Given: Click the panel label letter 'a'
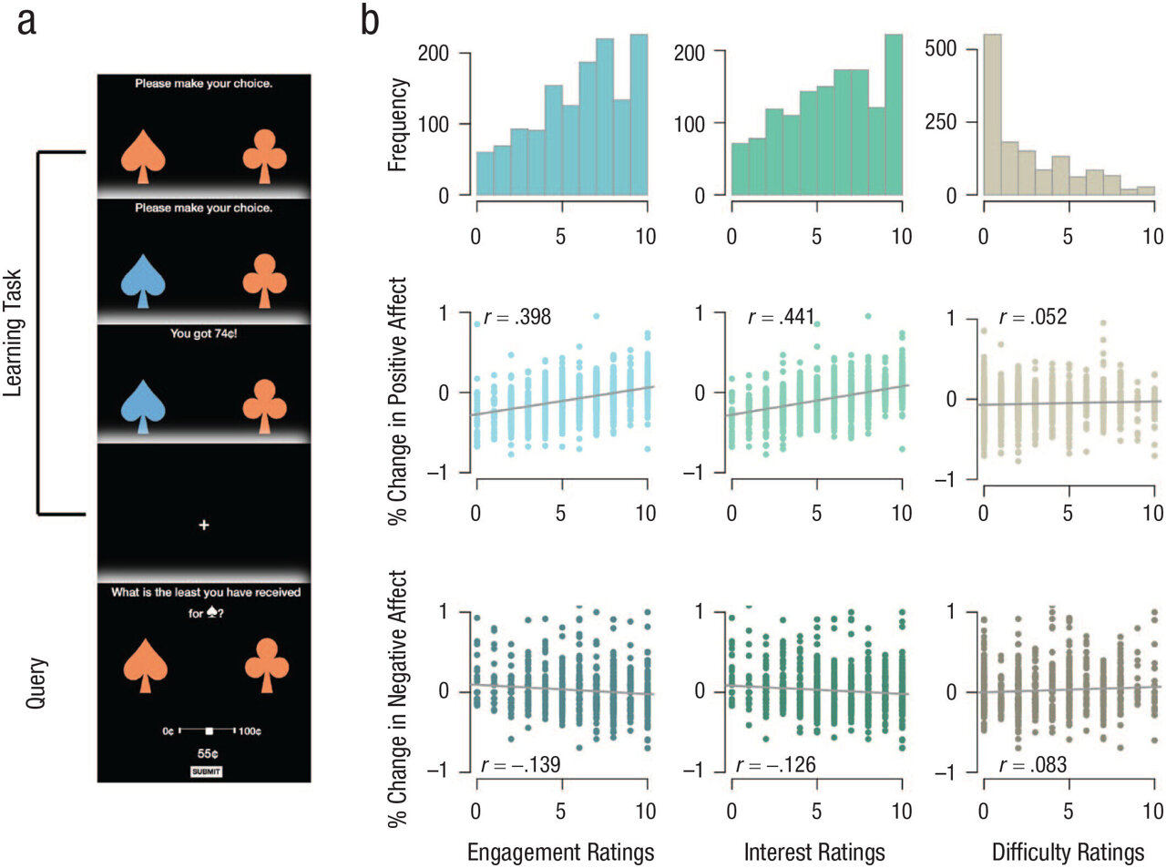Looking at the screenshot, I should (27, 20).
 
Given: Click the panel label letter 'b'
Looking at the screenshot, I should (369, 20).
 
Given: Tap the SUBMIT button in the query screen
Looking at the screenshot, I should (206, 771).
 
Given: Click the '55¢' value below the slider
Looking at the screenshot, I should (207, 754).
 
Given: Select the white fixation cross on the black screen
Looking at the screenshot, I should (204, 525).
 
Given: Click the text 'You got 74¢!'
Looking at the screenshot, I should (204, 333).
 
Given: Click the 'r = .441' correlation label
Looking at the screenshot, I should (781, 317).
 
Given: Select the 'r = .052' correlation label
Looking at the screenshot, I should (1032, 317).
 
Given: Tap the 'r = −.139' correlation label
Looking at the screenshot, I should (519, 764).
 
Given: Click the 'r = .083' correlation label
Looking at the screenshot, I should (1032, 764).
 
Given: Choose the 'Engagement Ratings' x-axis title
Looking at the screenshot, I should (560, 853).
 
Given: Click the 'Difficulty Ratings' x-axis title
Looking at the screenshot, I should (1068, 853).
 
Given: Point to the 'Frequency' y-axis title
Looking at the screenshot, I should (397, 125).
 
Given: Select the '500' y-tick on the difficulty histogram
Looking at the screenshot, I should (940, 48).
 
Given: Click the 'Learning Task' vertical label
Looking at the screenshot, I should (13, 332).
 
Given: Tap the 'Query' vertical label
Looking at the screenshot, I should (36, 683).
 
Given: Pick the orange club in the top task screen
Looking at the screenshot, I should (265, 157).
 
